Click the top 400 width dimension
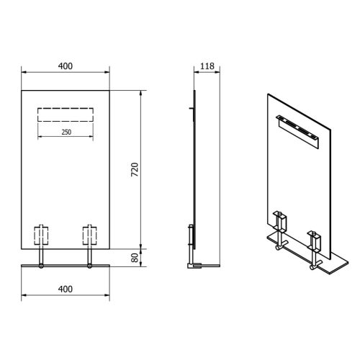[x=66, y=66]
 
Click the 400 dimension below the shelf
[x=66, y=289]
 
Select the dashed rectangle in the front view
[x=66, y=115]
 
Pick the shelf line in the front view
[x=66, y=266]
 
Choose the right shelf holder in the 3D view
[x=315, y=240]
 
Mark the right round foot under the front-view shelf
[x=89, y=269]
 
